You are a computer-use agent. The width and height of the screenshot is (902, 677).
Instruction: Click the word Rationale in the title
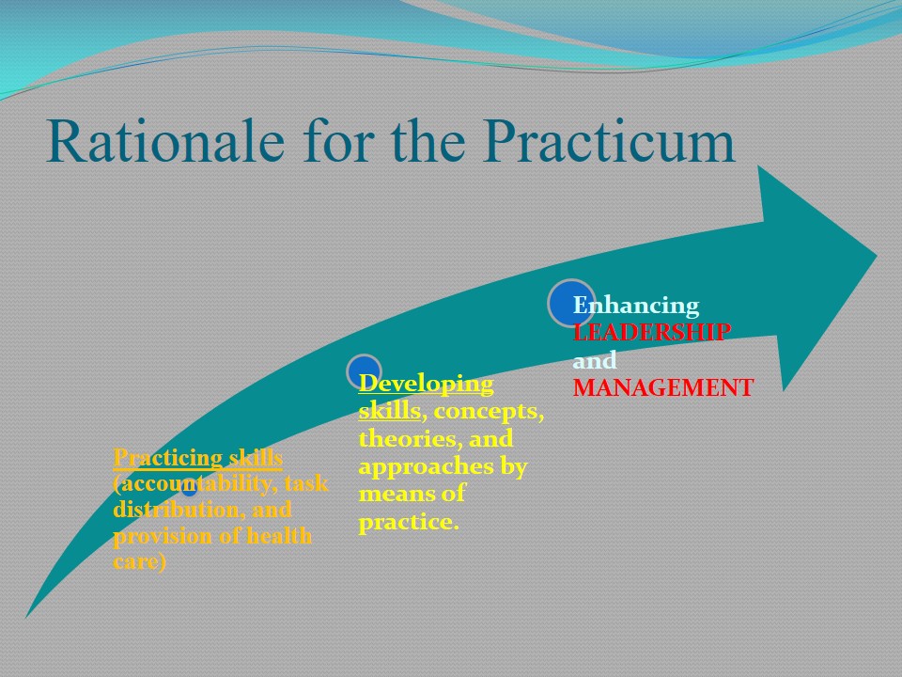point(165,141)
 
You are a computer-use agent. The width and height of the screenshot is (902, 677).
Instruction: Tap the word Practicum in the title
point(609,141)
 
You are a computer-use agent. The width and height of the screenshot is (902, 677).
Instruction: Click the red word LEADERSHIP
point(652,332)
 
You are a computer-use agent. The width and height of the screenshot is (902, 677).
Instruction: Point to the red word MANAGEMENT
point(663,387)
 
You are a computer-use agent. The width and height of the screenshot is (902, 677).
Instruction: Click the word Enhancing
point(636,306)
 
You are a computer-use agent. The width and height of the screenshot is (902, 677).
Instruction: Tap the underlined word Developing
point(427,385)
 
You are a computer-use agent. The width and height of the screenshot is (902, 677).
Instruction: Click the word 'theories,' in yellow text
point(411,439)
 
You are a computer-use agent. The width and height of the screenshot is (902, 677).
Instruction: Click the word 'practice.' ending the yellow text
point(409,522)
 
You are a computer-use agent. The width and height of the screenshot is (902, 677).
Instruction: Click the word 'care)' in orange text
point(140,561)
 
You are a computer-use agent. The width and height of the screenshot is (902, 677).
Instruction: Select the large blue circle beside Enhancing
point(570,303)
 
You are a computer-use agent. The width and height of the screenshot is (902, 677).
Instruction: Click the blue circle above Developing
point(364,372)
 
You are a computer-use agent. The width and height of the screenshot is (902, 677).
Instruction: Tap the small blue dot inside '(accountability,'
point(189,489)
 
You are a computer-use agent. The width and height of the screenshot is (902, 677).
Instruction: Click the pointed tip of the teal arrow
point(877,256)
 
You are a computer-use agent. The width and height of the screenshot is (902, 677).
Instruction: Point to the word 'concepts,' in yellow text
point(489,412)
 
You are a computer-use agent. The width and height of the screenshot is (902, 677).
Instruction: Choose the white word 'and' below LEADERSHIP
point(595,360)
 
